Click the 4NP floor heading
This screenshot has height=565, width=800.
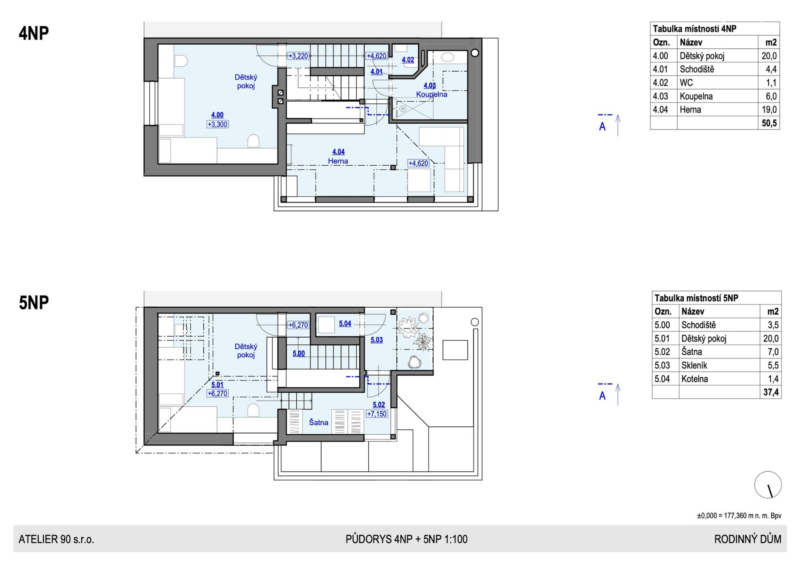34,33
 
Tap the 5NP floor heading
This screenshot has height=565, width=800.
34,303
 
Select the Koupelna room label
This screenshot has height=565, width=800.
432,95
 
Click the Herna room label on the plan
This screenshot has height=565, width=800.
338,161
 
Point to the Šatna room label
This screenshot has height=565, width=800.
318,422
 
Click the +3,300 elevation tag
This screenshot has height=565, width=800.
217,124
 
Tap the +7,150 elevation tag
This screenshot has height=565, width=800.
377,414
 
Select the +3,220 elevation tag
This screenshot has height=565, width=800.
298,56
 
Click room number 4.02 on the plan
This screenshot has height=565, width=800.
408,60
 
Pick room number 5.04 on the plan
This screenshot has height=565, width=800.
345,324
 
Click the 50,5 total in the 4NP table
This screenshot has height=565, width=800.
769,123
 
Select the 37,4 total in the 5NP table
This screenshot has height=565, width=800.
771,392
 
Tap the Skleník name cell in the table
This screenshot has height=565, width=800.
694,366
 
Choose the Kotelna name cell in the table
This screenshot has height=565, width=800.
695,379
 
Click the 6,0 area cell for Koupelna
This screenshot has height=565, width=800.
771,96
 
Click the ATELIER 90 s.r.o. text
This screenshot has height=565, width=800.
56,539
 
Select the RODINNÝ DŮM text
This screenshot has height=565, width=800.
747,539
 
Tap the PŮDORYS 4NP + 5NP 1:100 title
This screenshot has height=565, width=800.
406,539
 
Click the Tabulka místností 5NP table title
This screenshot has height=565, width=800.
696,298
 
